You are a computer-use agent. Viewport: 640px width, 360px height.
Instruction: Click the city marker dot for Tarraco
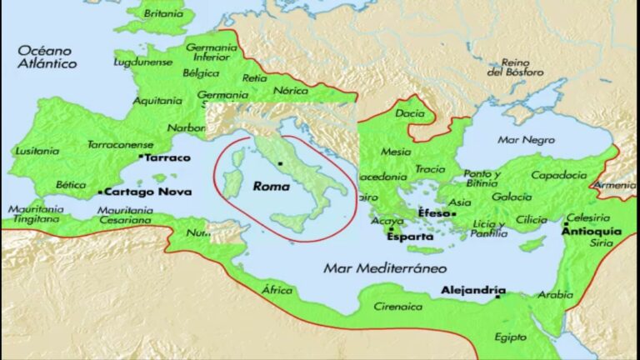pos(141,157)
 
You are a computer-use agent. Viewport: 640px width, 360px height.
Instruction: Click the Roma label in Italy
pos(270,187)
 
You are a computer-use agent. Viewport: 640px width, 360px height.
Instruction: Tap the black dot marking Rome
pos(281,163)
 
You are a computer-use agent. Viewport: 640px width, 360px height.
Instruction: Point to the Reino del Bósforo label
pos(518,67)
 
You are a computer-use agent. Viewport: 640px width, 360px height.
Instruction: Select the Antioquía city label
pos(591,230)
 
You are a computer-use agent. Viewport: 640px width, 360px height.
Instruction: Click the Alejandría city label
pos(472,291)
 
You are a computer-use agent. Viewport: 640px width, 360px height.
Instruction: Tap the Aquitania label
pos(157,101)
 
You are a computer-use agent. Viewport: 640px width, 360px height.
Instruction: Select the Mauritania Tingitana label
pos(34,214)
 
